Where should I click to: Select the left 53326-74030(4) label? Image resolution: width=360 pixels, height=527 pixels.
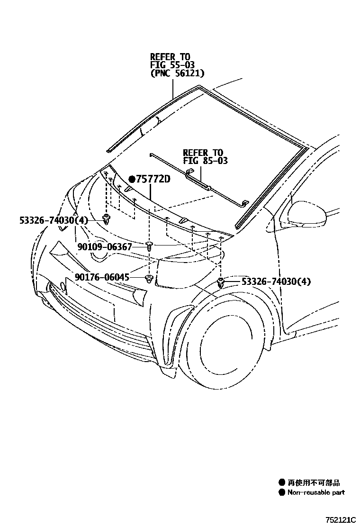(54, 220)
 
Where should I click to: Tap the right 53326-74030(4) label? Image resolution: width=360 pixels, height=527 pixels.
(276, 282)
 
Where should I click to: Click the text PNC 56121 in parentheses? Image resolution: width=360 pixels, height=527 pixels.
(177, 73)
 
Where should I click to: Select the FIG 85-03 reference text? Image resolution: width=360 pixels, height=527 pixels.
(205, 161)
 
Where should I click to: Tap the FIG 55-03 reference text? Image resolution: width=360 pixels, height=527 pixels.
(172, 65)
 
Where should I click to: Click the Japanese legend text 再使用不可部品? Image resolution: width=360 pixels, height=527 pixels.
(313, 482)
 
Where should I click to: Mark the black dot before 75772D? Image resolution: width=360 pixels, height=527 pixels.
(132, 179)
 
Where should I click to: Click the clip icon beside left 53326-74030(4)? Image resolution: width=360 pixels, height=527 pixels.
(107, 219)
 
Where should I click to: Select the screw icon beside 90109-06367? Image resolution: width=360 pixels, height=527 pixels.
(149, 245)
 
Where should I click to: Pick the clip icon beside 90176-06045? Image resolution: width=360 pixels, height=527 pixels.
(149, 278)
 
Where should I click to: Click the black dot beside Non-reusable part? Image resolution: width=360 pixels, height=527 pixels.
(282, 492)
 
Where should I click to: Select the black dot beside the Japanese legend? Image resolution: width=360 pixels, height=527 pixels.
(282, 482)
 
